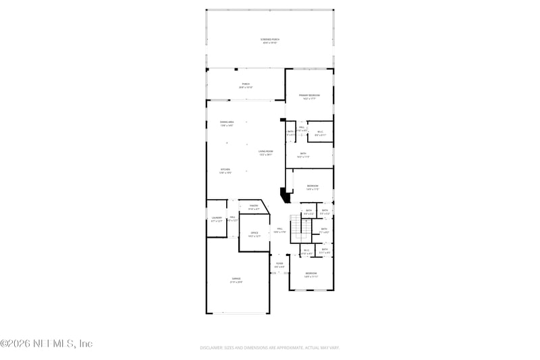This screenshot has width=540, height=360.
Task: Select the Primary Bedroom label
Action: click(309, 96)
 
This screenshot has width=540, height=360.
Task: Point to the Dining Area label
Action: click(226, 122)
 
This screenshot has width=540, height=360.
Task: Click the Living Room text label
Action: click(265, 151)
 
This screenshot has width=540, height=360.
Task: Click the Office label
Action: click(254, 234)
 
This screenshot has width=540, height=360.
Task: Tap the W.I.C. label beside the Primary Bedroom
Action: click(320, 133)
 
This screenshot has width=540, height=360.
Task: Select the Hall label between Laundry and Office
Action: click(232, 218)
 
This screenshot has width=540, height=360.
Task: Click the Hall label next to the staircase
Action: click(279, 229)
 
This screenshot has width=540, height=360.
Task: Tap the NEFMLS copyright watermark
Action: click(46, 343)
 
